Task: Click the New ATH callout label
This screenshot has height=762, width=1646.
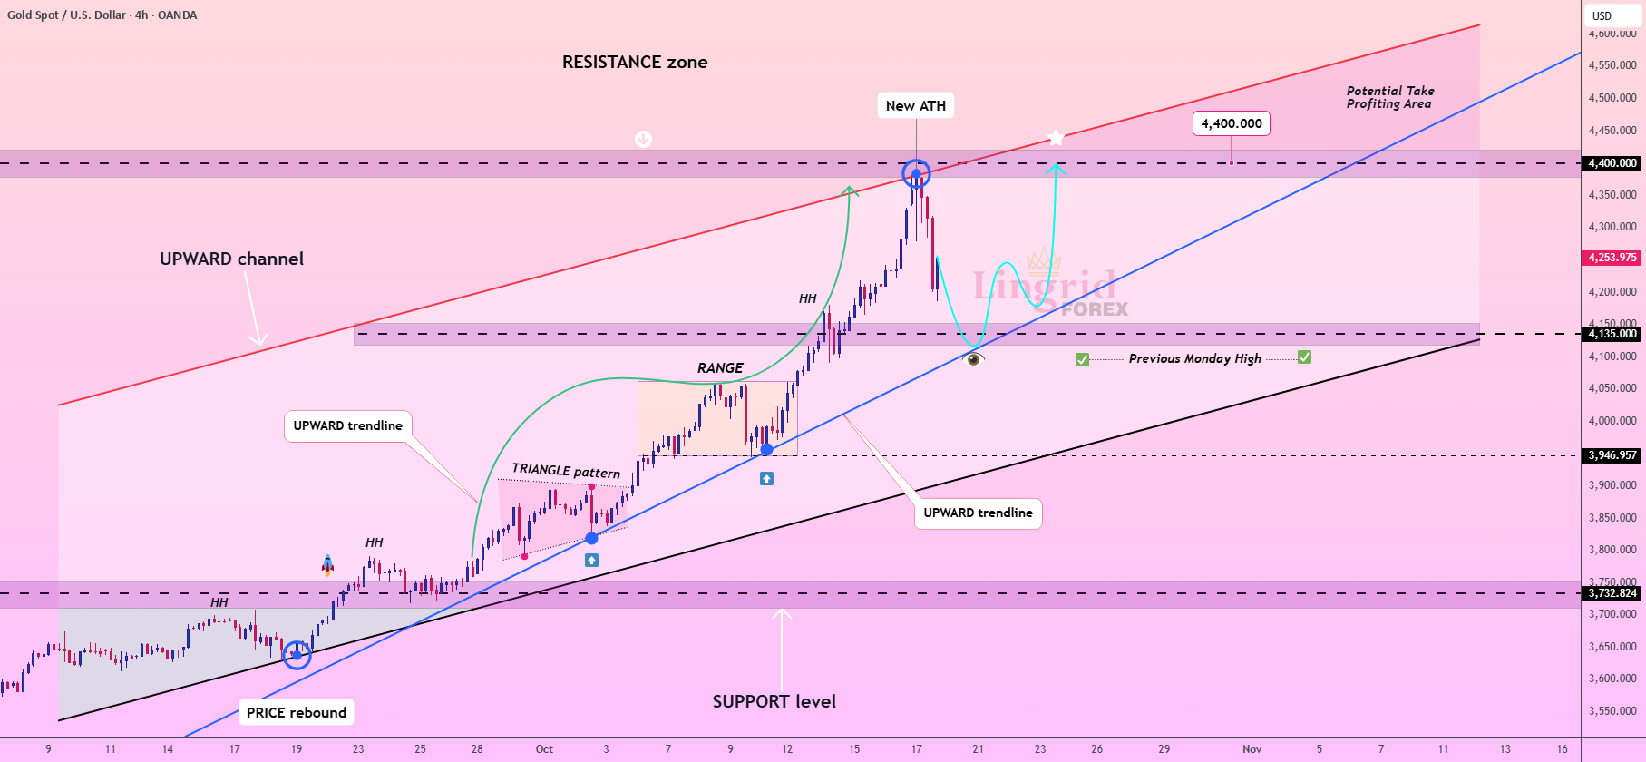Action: coord(916,105)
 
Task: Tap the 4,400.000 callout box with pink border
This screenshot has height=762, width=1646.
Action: coord(1232,123)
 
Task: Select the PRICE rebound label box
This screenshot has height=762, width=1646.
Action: coord(297,712)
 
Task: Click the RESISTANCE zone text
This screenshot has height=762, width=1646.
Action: coord(635,62)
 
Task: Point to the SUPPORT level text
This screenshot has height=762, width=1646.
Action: coord(774,701)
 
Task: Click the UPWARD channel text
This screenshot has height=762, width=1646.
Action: coord(232,259)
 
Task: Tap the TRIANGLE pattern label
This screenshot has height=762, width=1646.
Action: coord(566,470)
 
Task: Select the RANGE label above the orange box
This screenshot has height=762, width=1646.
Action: coord(720,367)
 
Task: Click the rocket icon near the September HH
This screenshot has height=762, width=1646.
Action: coord(327,565)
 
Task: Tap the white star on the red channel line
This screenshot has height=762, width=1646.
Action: coord(1056,138)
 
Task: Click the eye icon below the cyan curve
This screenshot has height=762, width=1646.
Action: coord(974,359)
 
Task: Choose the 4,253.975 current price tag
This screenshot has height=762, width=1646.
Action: coord(1613,258)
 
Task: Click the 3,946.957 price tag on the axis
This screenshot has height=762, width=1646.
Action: coord(1613,455)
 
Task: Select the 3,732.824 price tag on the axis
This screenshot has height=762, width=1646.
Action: coord(1613,593)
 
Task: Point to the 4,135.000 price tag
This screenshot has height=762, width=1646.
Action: coord(1613,334)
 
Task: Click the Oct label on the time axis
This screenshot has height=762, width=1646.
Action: coord(544,749)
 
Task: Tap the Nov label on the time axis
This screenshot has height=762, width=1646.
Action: coord(1252,749)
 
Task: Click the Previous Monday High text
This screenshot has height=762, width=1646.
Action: coord(1194,358)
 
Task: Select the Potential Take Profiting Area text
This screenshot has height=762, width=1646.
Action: coord(1390,97)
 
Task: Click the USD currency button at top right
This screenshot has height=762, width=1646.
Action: coord(1602,15)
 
